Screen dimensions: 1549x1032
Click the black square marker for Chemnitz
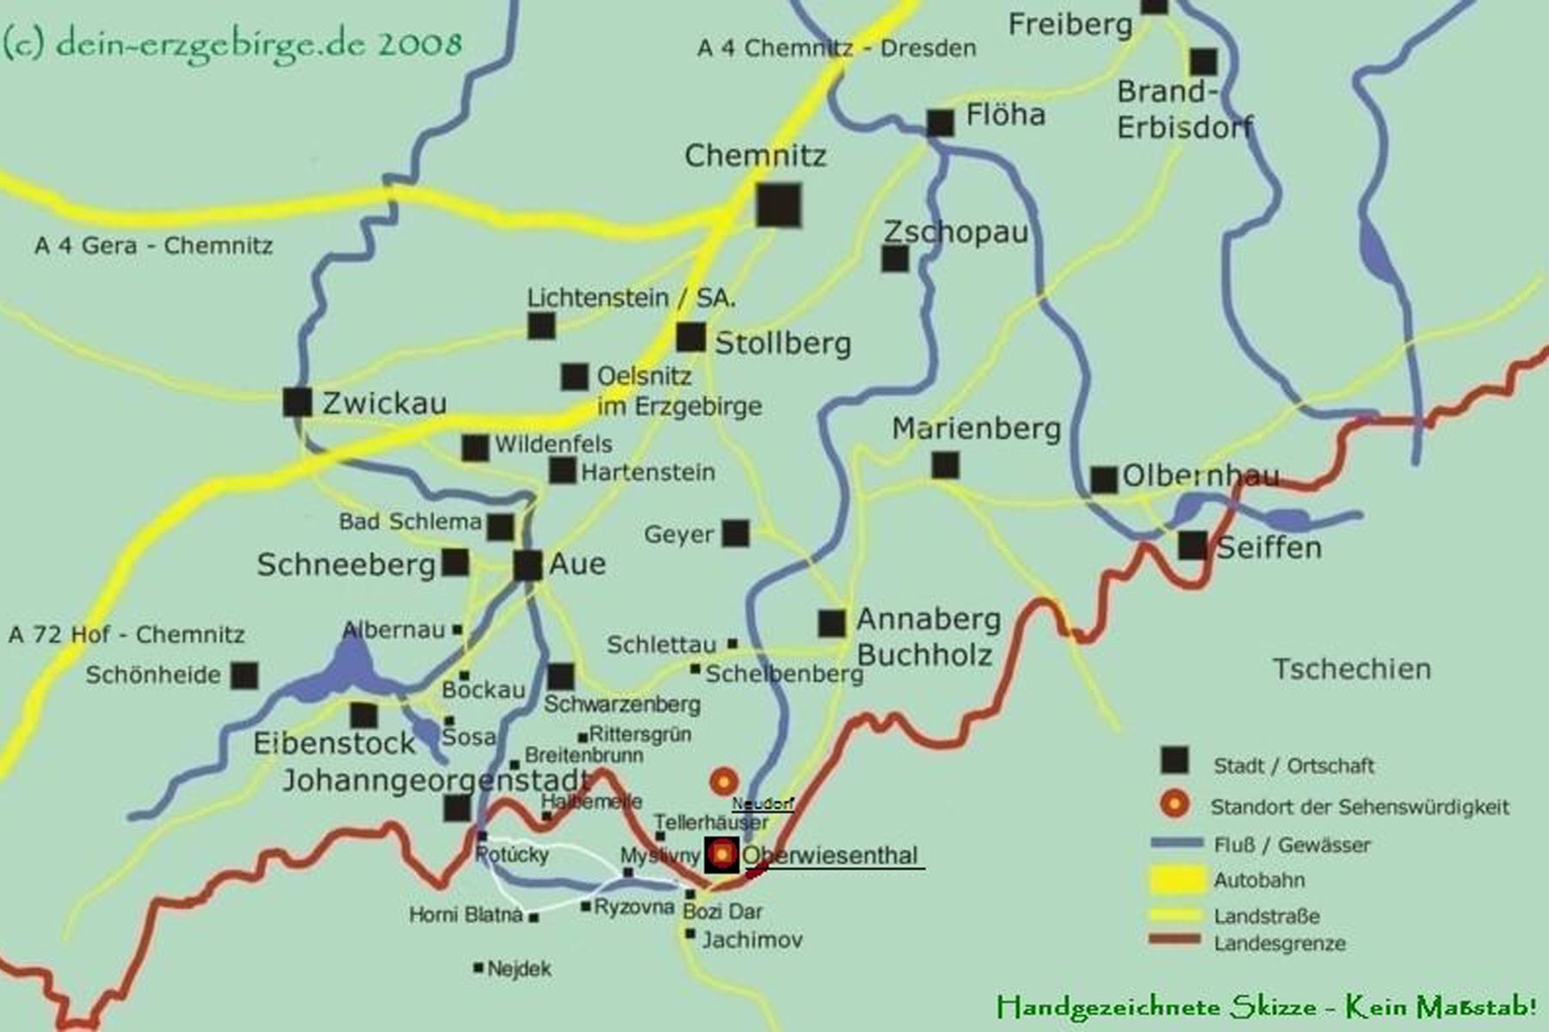click(778, 205)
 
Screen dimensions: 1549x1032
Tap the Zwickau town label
click(384, 402)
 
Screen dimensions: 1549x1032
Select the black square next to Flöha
click(940, 123)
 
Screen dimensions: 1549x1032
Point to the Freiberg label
click(1070, 25)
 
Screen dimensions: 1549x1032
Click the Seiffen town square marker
click(1193, 545)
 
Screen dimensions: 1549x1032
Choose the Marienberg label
click(976, 428)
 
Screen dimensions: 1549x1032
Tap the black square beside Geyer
click(735, 533)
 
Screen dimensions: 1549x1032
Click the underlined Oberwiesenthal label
click(830, 856)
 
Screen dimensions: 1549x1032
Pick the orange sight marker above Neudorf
click(724, 782)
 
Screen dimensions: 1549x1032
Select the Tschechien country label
click(1351, 669)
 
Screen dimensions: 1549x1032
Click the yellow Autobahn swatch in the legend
click(1176, 880)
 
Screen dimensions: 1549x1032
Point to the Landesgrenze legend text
click(1279, 943)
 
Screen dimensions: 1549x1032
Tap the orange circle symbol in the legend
click(1175, 805)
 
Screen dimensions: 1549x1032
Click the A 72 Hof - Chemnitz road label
click(127, 635)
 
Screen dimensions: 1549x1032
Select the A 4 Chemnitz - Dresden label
click(836, 48)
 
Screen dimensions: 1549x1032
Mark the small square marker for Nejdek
click(478, 967)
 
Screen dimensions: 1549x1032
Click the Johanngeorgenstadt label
click(435, 780)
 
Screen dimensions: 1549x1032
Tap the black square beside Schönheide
click(244, 675)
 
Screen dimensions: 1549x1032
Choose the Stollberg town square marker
click(690, 337)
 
